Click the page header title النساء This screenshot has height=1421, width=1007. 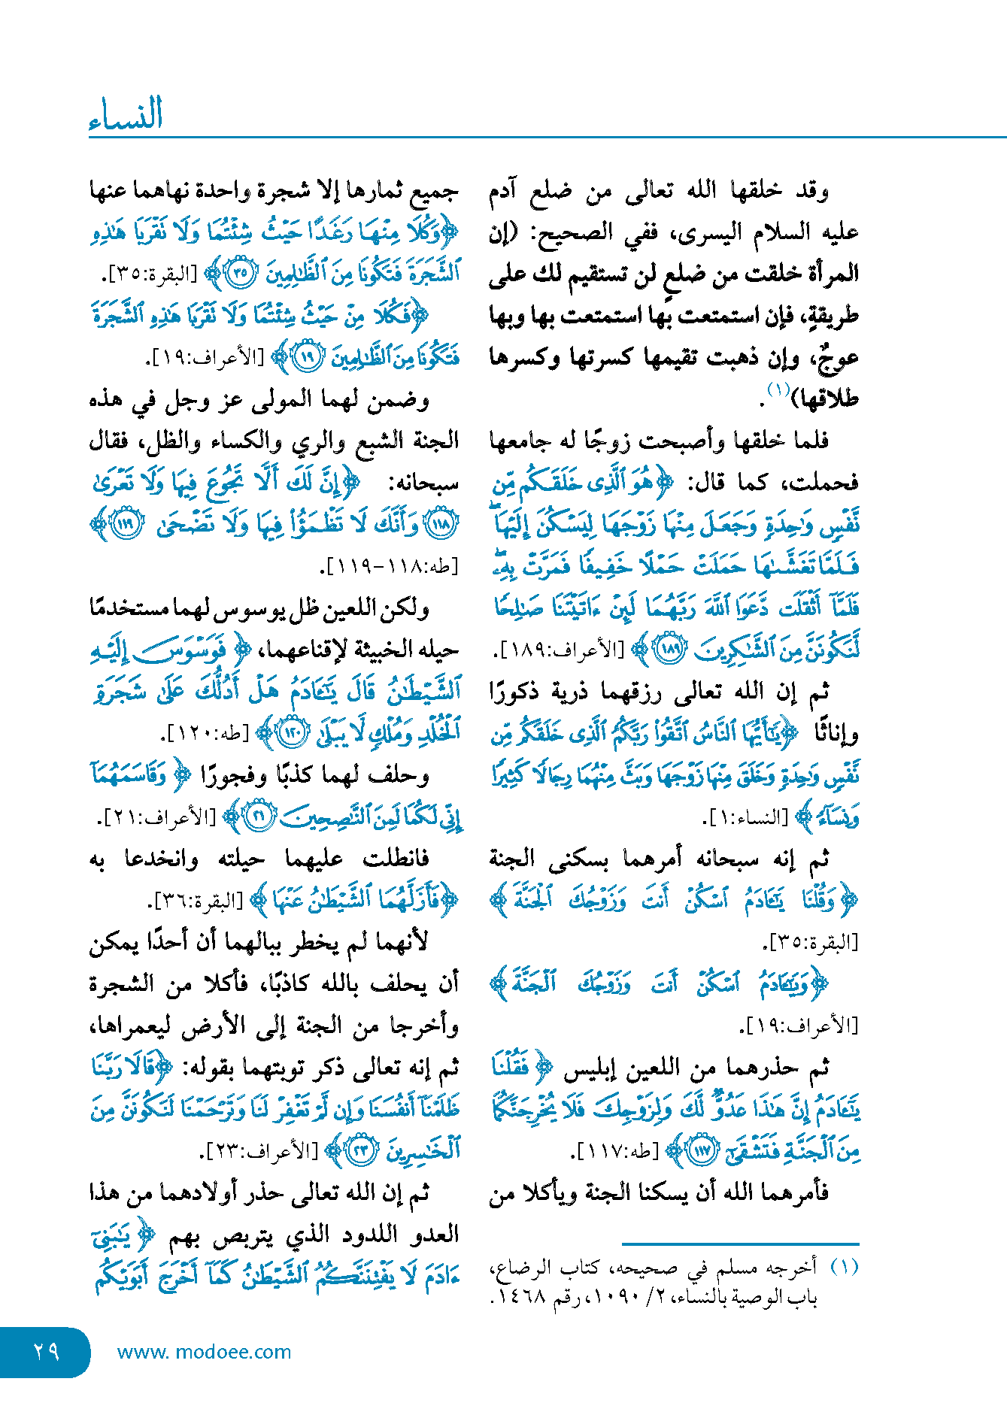point(126,115)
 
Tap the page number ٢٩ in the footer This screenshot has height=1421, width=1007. point(46,1351)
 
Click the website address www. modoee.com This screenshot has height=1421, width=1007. point(204,1352)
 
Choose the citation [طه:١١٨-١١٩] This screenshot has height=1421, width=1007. point(392,566)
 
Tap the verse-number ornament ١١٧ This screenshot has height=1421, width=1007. point(703,1150)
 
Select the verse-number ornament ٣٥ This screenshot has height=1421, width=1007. point(241,273)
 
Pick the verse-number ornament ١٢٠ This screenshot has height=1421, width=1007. point(292,732)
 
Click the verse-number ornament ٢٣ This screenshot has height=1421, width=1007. point(362,1150)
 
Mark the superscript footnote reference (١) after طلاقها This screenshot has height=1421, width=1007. point(778,389)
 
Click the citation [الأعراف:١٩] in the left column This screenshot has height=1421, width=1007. point(206,358)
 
